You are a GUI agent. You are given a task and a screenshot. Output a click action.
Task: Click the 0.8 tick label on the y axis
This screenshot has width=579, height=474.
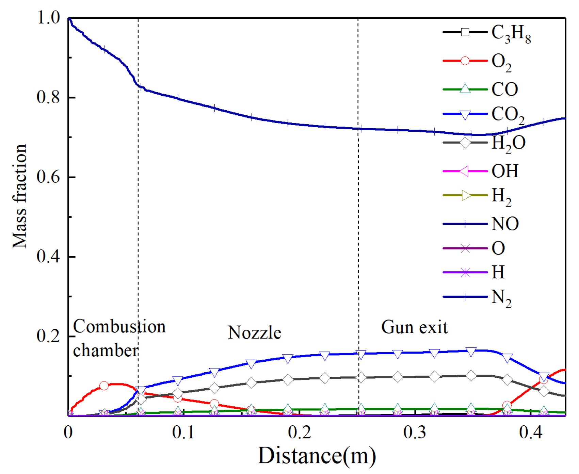48,97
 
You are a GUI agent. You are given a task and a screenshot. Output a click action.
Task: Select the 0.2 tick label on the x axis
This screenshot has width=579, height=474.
299,432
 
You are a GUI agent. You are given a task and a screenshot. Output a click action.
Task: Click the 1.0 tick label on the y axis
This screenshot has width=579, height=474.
48,18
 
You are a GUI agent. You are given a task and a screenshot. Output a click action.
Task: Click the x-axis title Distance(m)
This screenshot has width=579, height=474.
317,456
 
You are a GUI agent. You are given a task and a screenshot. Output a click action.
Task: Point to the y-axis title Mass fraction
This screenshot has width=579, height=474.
19,196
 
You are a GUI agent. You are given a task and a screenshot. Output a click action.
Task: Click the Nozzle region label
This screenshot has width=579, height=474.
254,332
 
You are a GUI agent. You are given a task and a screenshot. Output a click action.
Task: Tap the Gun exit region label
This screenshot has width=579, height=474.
414,327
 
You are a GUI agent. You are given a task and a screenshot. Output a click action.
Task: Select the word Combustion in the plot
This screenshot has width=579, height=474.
119,327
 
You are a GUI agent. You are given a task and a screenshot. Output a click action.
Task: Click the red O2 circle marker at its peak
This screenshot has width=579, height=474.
104,386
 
